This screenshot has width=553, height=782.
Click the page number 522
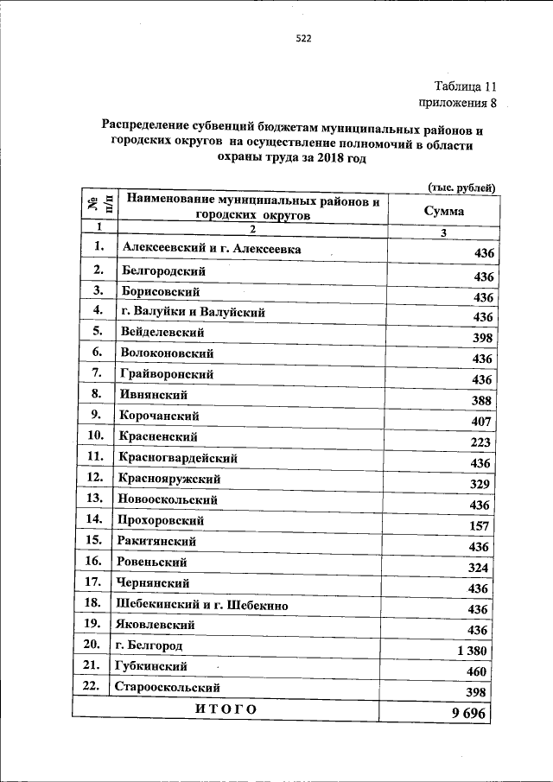point(302,38)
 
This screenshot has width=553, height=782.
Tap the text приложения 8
point(458,104)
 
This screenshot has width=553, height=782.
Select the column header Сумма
point(443,210)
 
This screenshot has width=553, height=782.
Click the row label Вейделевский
point(163,332)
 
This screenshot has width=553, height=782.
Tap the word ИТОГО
point(226,709)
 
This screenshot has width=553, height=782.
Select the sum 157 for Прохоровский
point(480,526)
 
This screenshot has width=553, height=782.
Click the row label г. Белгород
point(148,645)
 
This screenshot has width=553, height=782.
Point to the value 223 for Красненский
point(480,442)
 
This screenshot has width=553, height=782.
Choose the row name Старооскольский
point(166,687)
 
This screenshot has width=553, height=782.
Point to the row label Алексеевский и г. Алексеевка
point(212,248)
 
